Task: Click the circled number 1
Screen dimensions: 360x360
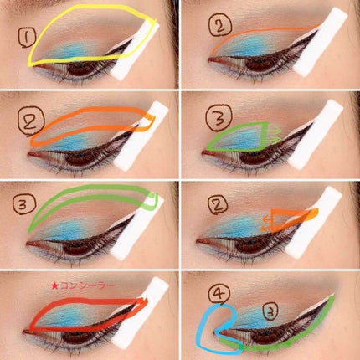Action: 27,39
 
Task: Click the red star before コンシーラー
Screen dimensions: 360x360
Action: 54,285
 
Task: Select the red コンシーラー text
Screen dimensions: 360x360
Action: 87,285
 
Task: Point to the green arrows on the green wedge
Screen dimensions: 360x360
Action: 275,134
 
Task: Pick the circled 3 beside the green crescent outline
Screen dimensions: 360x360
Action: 24,204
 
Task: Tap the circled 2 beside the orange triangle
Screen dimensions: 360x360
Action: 218,204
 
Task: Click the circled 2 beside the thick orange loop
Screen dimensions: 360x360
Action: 31,122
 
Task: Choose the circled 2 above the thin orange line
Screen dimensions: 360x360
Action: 220,25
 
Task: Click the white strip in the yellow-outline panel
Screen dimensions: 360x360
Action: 136,52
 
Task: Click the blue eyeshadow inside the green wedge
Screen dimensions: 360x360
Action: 240,137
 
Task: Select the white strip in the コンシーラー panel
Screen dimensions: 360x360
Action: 141,312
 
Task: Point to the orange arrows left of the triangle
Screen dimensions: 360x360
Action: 267,224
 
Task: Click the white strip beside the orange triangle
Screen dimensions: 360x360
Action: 313,223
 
